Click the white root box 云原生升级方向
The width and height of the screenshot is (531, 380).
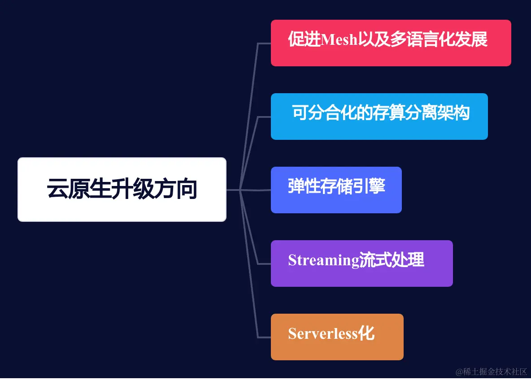[122, 189]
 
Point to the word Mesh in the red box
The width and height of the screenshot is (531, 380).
[339, 40]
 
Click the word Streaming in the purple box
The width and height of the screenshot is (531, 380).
[323, 260]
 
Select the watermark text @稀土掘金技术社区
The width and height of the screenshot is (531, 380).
[492, 371]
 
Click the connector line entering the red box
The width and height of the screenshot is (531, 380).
[264, 43]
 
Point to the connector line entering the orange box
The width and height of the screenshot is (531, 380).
[264, 337]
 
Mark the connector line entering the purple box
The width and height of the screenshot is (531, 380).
[264, 263]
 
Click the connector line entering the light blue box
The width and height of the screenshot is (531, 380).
[264, 117]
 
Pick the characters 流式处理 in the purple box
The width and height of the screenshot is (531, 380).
[392, 260]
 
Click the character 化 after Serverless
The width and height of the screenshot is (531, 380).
[367, 333]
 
